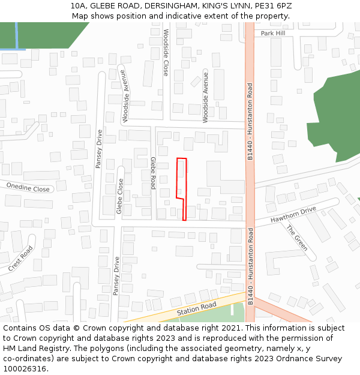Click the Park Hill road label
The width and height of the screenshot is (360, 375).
click(x=273, y=34)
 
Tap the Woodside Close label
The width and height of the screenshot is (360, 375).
click(x=166, y=52)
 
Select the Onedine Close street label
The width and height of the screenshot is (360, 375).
click(x=28, y=188)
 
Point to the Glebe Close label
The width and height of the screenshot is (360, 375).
click(x=120, y=196)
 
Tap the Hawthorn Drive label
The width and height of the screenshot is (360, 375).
click(x=293, y=215)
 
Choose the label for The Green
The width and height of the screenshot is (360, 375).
click(x=297, y=238)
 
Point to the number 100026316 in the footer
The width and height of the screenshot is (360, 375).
click(x=25, y=368)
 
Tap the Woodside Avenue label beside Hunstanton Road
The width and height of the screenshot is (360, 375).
click(x=205, y=97)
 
